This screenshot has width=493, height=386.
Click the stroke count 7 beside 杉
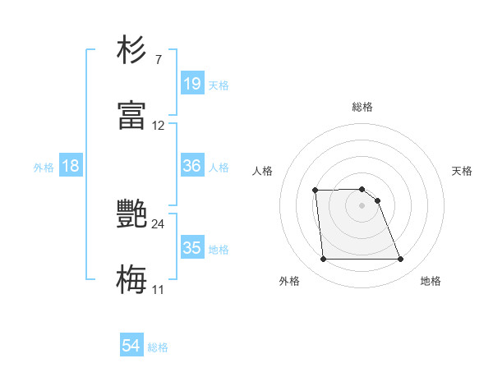pos(159,59)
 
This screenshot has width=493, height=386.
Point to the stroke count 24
pos(159,223)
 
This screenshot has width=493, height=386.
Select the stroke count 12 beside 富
pos(159,126)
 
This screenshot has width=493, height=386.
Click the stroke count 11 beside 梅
pos(159,290)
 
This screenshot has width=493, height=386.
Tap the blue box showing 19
pos(192,83)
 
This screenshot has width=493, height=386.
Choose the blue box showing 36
pos(192,166)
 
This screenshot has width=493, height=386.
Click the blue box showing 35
pos(192,248)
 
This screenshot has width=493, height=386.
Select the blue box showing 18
pos(71,166)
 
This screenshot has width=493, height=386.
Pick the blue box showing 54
pos(131,346)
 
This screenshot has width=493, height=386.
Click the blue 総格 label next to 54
pos(158,347)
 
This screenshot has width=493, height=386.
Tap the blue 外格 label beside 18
pos(44,168)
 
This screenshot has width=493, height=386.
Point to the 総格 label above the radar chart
pos(362,107)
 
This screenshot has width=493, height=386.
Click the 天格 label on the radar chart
pos(463,171)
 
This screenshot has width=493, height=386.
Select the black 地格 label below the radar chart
pos(431,281)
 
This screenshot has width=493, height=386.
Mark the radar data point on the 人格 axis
pos(316,191)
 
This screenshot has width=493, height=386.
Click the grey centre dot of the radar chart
pos(362,205)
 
